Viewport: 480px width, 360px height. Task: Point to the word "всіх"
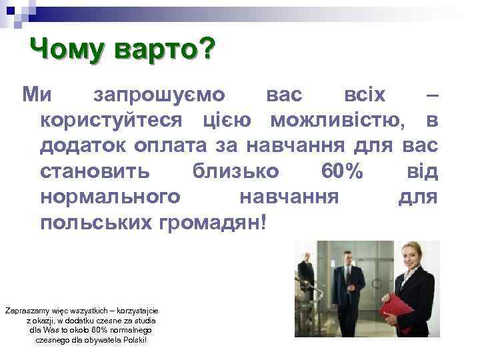coord(363,94)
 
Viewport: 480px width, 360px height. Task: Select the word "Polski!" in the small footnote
coord(133,340)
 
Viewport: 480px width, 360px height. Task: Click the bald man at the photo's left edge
coord(306,273)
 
